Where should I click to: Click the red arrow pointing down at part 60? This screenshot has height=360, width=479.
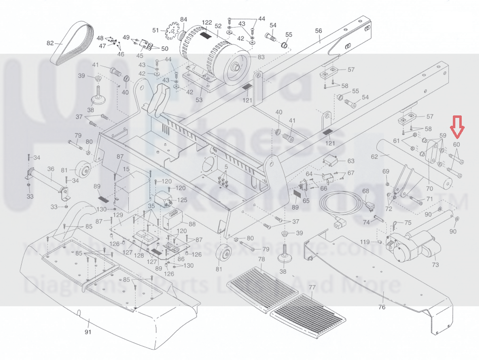[458, 126]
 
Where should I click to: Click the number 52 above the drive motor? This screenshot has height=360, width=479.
[218, 26]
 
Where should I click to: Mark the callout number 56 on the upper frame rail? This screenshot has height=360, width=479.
[319, 31]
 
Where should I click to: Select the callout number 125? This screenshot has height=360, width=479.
[182, 200]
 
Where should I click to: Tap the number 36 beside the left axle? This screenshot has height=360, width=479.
[50, 169]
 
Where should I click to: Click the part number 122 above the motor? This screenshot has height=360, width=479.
[207, 23]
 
